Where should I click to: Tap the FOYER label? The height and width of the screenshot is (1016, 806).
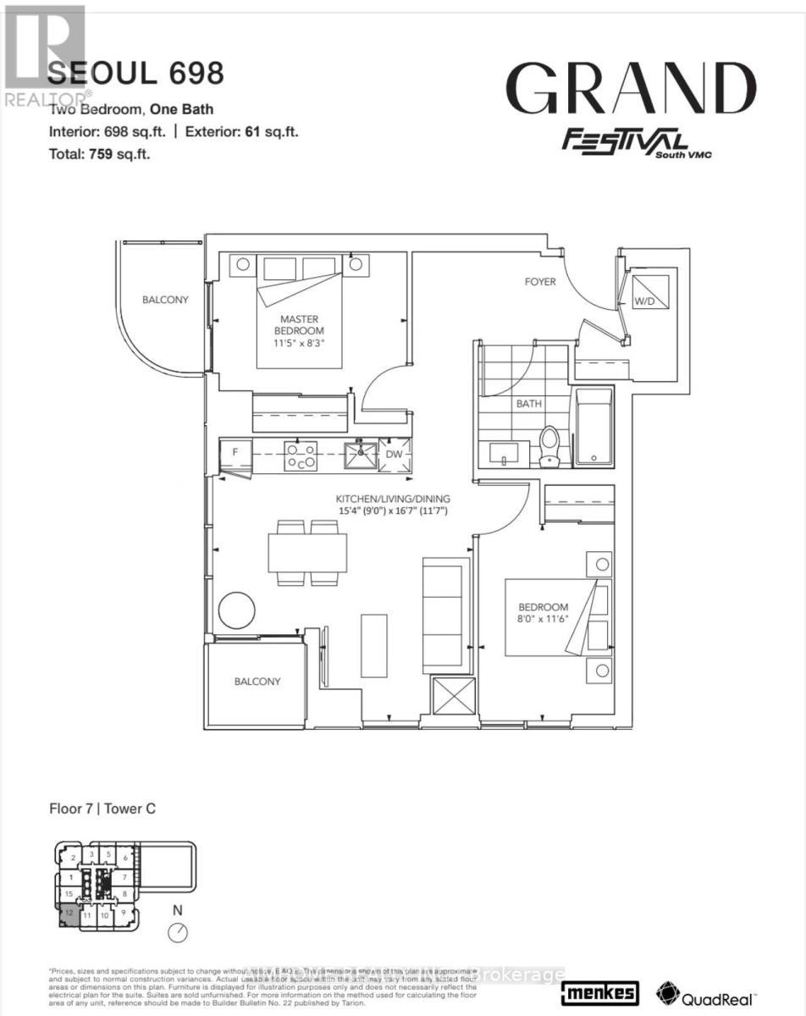539,281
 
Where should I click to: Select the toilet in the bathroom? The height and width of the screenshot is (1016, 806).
549,446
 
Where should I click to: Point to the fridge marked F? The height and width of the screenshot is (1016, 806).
235,453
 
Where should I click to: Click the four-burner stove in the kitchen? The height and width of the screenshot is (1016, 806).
301,456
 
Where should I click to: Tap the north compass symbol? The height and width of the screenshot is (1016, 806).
178,932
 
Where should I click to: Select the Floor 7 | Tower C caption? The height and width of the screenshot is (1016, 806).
102,809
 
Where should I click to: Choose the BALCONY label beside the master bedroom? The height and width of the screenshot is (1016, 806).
165,300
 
